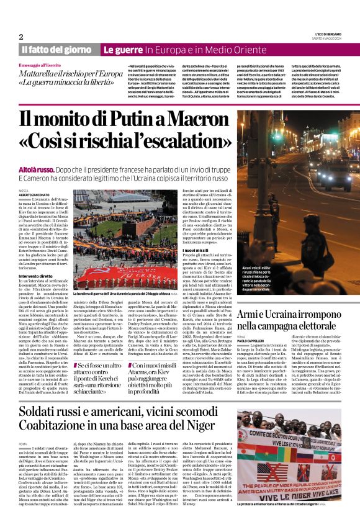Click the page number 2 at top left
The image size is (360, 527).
coord(21,37)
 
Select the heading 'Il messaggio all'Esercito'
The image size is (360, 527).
coord(45,65)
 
